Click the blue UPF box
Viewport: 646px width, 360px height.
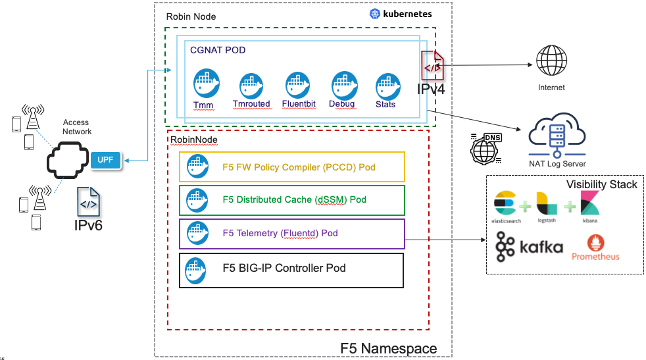tap(105, 160)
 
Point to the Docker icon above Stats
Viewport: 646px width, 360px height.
tap(387, 86)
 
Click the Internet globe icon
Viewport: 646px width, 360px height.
tap(551, 63)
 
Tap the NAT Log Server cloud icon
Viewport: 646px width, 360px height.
tap(557, 134)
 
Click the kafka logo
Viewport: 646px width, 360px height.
tap(530, 247)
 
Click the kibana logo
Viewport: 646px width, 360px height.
tap(589, 204)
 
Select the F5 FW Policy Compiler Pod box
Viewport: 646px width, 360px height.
tap(291, 167)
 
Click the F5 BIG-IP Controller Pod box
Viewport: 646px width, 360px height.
tap(291, 269)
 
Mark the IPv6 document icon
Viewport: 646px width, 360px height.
tap(89, 203)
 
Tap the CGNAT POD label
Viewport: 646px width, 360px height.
tap(218, 50)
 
